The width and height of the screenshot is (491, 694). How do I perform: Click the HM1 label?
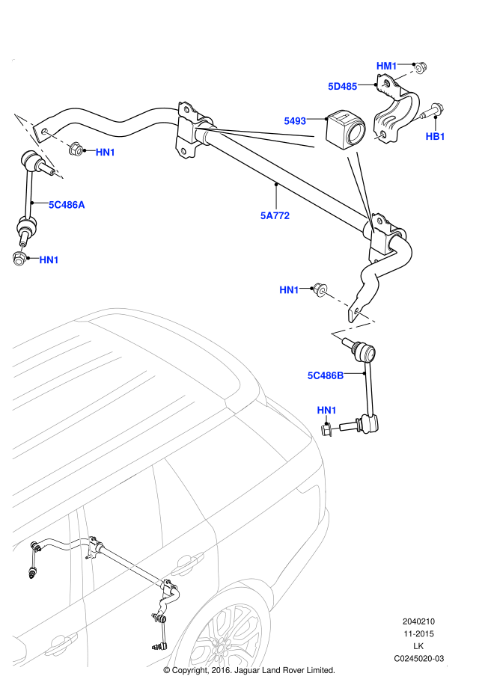(x=386, y=67)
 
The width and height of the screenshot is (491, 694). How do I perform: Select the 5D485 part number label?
(x=343, y=87)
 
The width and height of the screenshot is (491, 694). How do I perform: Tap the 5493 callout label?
(x=296, y=120)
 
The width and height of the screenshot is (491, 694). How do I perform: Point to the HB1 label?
(x=435, y=136)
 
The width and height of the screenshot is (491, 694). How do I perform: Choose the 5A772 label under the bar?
(x=275, y=215)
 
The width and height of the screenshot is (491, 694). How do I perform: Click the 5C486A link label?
(x=67, y=204)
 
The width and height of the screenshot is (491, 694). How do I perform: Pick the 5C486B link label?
(x=326, y=375)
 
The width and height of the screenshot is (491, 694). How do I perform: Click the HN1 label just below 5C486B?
(x=326, y=411)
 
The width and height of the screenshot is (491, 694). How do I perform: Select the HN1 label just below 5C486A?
(x=49, y=260)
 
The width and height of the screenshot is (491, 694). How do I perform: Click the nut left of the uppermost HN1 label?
(x=76, y=150)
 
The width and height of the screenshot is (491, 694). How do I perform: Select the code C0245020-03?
(x=418, y=658)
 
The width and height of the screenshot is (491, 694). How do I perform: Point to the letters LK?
(x=418, y=646)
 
